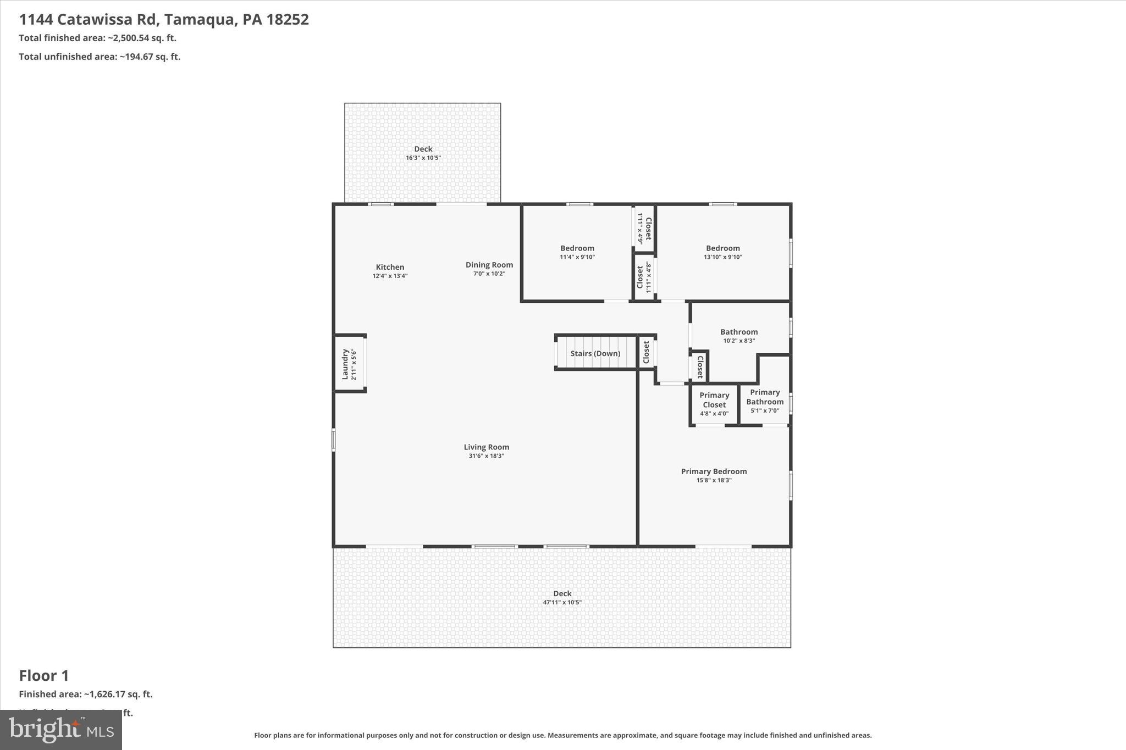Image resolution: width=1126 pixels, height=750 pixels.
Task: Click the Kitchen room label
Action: tap(390, 267)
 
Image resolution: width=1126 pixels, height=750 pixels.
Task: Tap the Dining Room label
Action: tap(489, 265)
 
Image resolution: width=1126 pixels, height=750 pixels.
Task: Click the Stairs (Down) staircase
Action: tap(595, 353)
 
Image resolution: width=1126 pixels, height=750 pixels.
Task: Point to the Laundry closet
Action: tap(350, 364)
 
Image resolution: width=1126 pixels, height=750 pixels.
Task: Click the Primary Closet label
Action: tap(714, 400)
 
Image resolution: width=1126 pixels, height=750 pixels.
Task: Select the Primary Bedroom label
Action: tap(714, 471)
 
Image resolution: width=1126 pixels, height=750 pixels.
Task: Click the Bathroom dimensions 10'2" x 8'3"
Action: tap(738, 341)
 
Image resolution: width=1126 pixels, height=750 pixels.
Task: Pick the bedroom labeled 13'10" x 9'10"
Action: tap(722, 252)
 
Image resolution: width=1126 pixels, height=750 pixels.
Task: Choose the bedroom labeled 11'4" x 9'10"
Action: tap(577, 252)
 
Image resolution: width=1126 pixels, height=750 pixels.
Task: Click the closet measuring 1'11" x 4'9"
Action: tap(644, 228)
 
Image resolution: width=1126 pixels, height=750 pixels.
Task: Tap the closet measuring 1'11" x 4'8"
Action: tap(644, 277)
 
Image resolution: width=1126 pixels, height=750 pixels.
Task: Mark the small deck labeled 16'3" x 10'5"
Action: tap(423, 153)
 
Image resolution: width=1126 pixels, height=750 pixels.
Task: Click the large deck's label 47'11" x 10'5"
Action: tap(562, 602)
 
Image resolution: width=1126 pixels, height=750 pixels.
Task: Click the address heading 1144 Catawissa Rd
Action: tap(164, 20)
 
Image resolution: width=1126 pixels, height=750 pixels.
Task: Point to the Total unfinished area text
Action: tap(100, 57)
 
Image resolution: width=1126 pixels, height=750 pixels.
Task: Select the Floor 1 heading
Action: tap(44, 675)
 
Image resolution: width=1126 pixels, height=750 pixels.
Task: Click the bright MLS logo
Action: tap(61, 730)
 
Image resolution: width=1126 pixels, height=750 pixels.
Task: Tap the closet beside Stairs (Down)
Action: tap(647, 352)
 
